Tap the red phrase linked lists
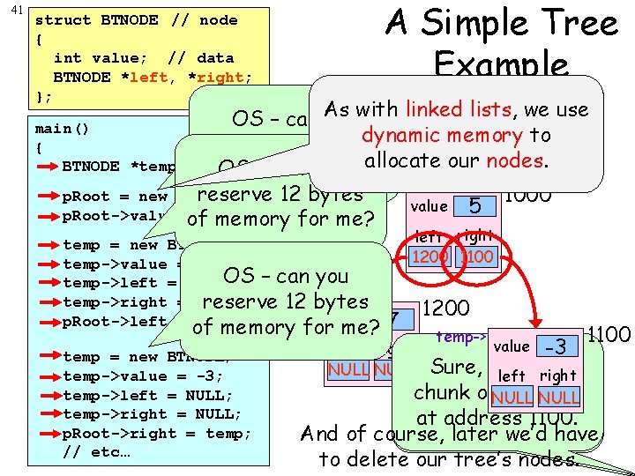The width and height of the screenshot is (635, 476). pyautogui.click(x=458, y=109)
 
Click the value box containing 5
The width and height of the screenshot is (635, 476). pyautogui.click(x=474, y=206)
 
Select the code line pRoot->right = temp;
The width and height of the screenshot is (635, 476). pyautogui.click(x=157, y=434)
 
